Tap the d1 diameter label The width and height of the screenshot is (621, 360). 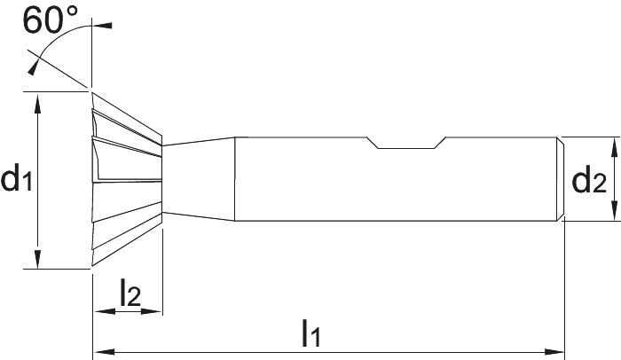pyautogui.click(x=17, y=180)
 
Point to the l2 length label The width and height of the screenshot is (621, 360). pyautogui.click(x=130, y=294)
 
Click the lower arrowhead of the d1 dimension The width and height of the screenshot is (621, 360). pyautogui.click(x=37, y=261)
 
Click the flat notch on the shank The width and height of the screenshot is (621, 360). pyautogui.click(x=408, y=146)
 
